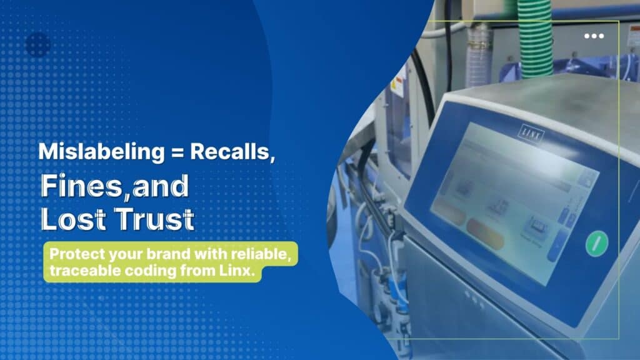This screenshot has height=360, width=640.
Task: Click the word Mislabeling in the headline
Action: tap(81, 152)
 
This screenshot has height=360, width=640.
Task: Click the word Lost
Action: tap(68, 220)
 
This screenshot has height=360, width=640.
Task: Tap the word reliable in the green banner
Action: tap(263, 256)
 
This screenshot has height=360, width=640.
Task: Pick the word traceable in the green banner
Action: tap(77, 271)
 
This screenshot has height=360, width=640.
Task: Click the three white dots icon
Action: tap(594, 36)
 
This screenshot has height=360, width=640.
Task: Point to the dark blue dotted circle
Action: tap(37, 44)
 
